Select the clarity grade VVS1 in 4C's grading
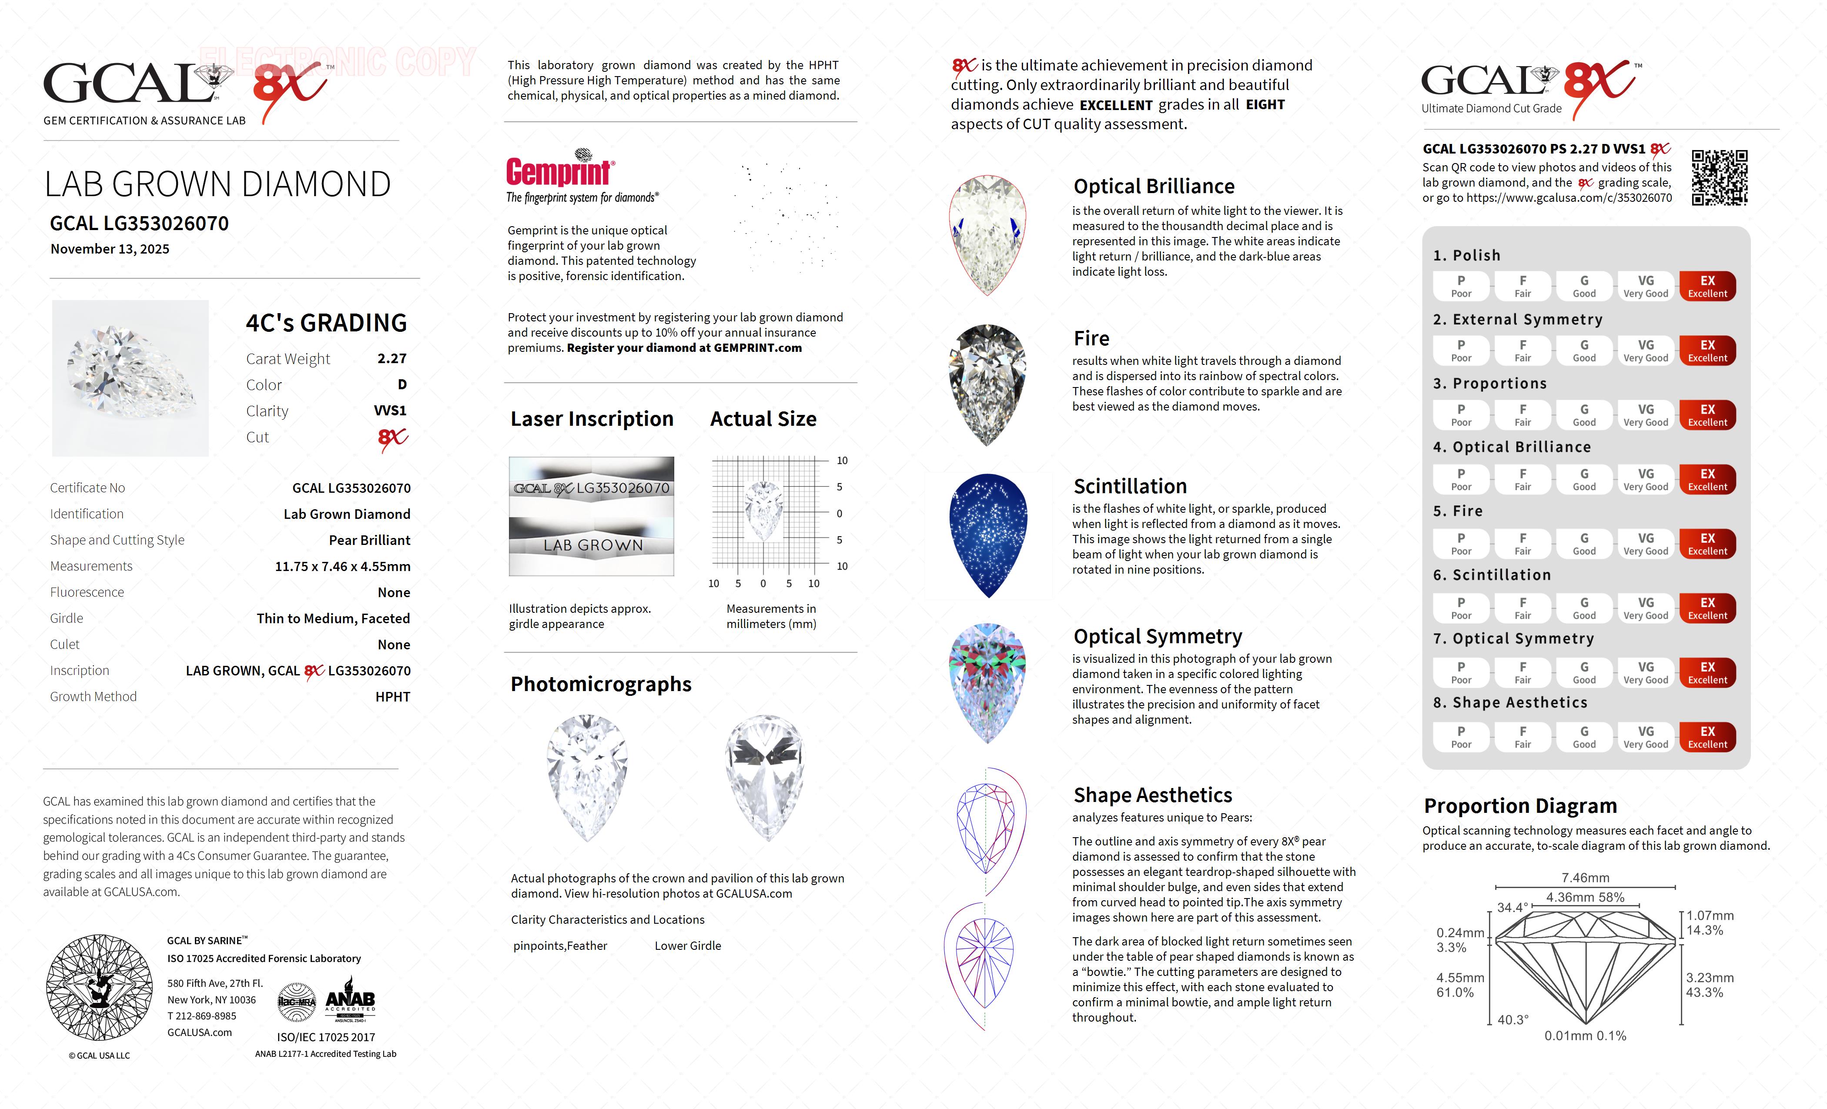(x=390, y=411)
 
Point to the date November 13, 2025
(x=110, y=249)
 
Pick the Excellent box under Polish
(x=1707, y=286)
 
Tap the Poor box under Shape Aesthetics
(x=1461, y=737)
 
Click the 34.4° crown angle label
(x=1512, y=907)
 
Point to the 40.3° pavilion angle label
(x=1512, y=1020)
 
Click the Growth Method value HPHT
(x=392, y=697)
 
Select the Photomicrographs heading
(x=601, y=684)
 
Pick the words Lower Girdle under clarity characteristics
(x=687, y=946)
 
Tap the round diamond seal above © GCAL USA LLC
(x=99, y=987)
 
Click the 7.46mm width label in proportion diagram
(x=1585, y=878)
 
